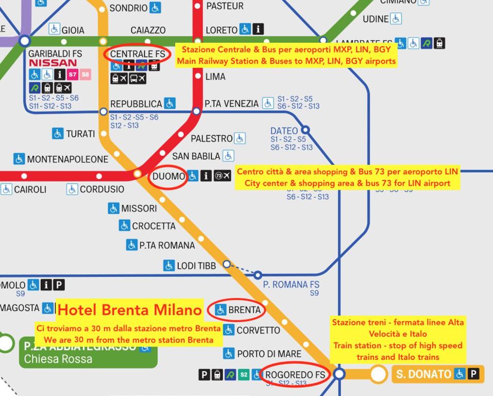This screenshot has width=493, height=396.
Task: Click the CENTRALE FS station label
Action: click(138, 54)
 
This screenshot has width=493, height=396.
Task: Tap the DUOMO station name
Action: click(168, 176)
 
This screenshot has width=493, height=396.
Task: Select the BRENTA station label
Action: click(244, 310)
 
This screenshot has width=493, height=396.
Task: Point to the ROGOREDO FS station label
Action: click(295, 375)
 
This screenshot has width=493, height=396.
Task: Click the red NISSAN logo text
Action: click(53, 63)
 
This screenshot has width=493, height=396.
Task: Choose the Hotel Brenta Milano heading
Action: click(129, 310)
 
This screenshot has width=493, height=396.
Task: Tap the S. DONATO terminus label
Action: click(423, 374)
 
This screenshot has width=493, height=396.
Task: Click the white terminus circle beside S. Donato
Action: click(379, 374)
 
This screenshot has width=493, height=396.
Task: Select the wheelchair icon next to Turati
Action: click(58, 134)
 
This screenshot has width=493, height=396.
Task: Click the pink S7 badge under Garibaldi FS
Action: click(73, 75)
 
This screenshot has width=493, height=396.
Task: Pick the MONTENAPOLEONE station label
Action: click(67, 159)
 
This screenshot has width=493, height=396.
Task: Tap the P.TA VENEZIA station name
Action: click(231, 104)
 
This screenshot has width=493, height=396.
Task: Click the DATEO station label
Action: click(284, 131)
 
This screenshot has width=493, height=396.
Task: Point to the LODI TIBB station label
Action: click(196, 266)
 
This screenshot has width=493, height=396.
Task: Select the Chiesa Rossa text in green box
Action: click(58, 359)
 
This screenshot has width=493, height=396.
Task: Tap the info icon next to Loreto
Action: click(258, 29)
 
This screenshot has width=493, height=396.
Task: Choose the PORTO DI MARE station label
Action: click(269, 354)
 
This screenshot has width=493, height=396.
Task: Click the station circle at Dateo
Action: click(305, 130)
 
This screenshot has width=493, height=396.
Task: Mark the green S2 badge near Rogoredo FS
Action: click(244, 375)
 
